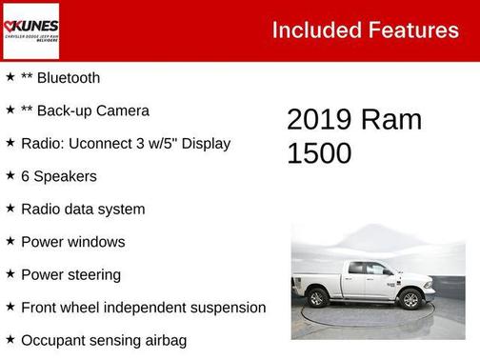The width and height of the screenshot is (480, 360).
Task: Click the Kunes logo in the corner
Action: point(30,30)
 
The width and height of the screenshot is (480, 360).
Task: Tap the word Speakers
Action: point(65,176)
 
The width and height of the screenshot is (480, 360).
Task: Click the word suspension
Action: point(222,308)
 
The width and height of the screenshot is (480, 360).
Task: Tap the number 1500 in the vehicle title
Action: point(320,153)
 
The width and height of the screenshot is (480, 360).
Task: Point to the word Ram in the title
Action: point(391,120)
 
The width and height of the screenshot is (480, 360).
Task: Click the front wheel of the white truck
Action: point(410,299)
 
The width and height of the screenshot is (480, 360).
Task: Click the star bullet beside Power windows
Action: point(10,242)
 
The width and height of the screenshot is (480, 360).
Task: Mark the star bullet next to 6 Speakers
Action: point(10,176)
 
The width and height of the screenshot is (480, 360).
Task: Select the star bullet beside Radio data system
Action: point(10,209)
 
